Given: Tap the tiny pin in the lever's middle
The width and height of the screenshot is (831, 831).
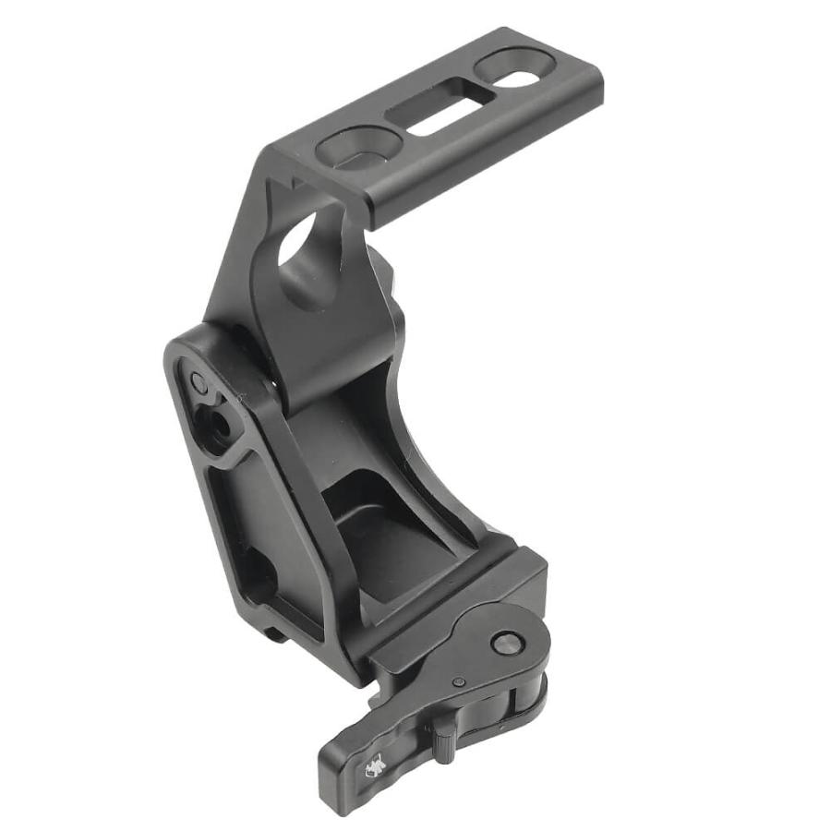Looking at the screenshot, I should point(459,681).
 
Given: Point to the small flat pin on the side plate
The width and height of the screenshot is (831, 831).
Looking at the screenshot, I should point(199,380).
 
